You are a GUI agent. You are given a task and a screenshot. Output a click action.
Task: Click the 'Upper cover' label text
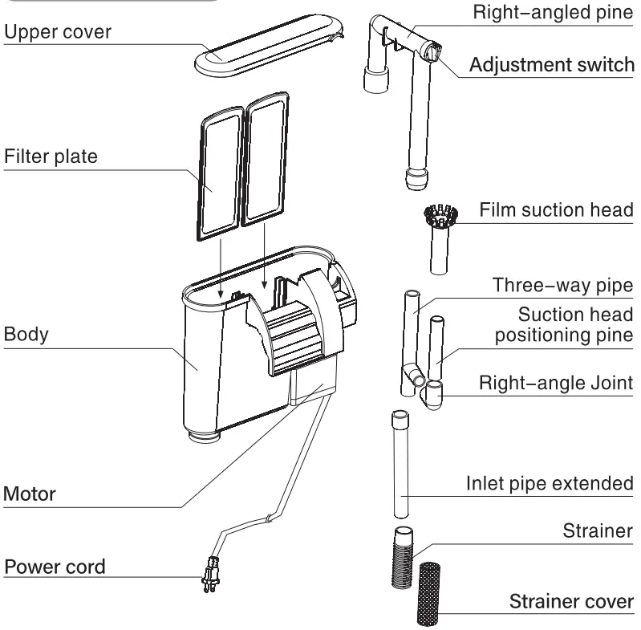point(58,32)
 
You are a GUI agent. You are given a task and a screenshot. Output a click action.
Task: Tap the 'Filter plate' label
point(51,155)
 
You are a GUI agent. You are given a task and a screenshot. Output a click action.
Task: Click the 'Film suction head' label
point(556,210)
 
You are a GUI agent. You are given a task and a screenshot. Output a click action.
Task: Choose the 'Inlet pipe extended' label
point(550,484)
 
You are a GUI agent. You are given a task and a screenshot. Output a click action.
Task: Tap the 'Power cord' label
point(55,567)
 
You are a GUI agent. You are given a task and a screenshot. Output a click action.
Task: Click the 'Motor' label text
point(30,493)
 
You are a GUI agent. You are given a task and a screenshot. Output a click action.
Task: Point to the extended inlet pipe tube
point(400,466)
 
